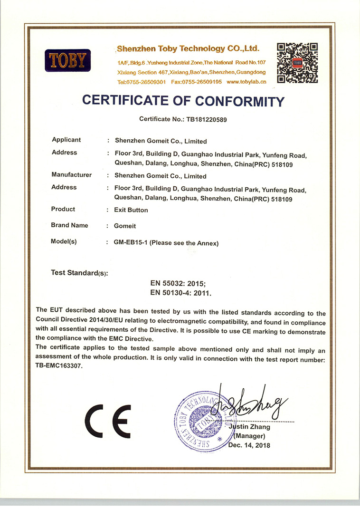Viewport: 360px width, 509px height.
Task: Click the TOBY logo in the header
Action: click(67, 60)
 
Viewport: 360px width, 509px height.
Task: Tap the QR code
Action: click(297, 63)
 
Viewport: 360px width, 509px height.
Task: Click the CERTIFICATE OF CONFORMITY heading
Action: click(183, 101)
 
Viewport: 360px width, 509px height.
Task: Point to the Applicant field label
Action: click(66, 140)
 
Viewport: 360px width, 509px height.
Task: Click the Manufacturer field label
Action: click(71, 174)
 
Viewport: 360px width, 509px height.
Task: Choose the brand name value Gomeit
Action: click(124, 226)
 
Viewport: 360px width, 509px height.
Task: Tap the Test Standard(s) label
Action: click(79, 273)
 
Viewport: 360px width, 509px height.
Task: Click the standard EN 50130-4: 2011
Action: click(180, 293)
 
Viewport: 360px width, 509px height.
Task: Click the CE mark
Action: click(108, 421)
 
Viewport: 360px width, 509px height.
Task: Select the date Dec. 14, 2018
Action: click(249, 445)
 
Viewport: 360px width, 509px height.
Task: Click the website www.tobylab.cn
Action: click(246, 82)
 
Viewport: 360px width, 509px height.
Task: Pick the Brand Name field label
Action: click(69, 225)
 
